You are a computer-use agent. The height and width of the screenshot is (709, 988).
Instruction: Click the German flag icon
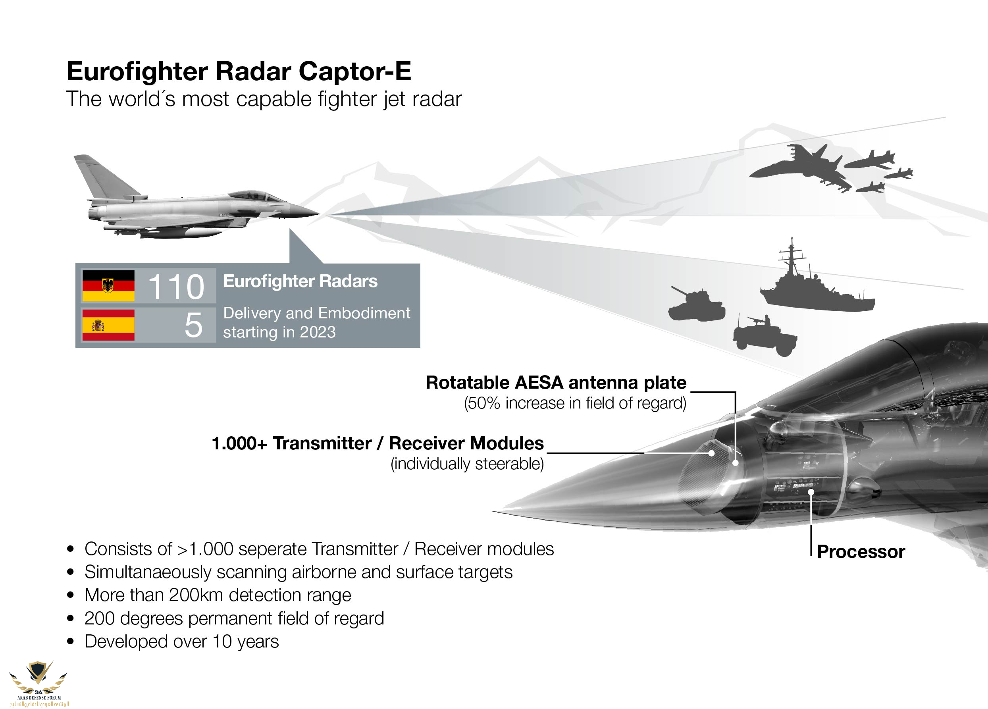[x=108, y=285]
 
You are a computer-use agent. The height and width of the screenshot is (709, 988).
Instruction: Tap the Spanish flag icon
[x=108, y=325]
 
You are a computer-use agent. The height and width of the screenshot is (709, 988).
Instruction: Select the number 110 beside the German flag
[x=175, y=287]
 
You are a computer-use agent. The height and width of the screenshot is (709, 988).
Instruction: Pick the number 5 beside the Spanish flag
[x=193, y=325]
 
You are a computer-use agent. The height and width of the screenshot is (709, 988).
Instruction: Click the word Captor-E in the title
[x=354, y=71]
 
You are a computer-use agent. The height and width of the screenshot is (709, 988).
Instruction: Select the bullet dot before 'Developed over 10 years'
[x=71, y=642]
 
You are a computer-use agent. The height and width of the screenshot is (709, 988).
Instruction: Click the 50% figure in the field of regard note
[x=481, y=403]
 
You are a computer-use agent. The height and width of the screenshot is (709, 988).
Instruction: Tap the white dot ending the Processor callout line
[x=811, y=492]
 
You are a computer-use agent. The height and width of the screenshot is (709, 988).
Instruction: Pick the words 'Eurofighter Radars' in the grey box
[x=300, y=281]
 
